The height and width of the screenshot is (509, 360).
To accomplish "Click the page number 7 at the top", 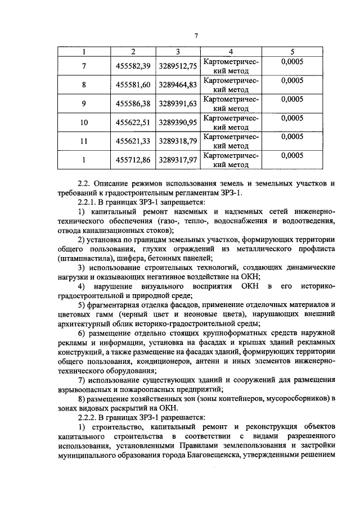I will click(x=196, y=37).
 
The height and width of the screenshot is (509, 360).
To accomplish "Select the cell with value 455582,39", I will click(x=133, y=66).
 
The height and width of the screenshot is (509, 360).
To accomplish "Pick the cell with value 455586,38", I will click(x=133, y=104).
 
